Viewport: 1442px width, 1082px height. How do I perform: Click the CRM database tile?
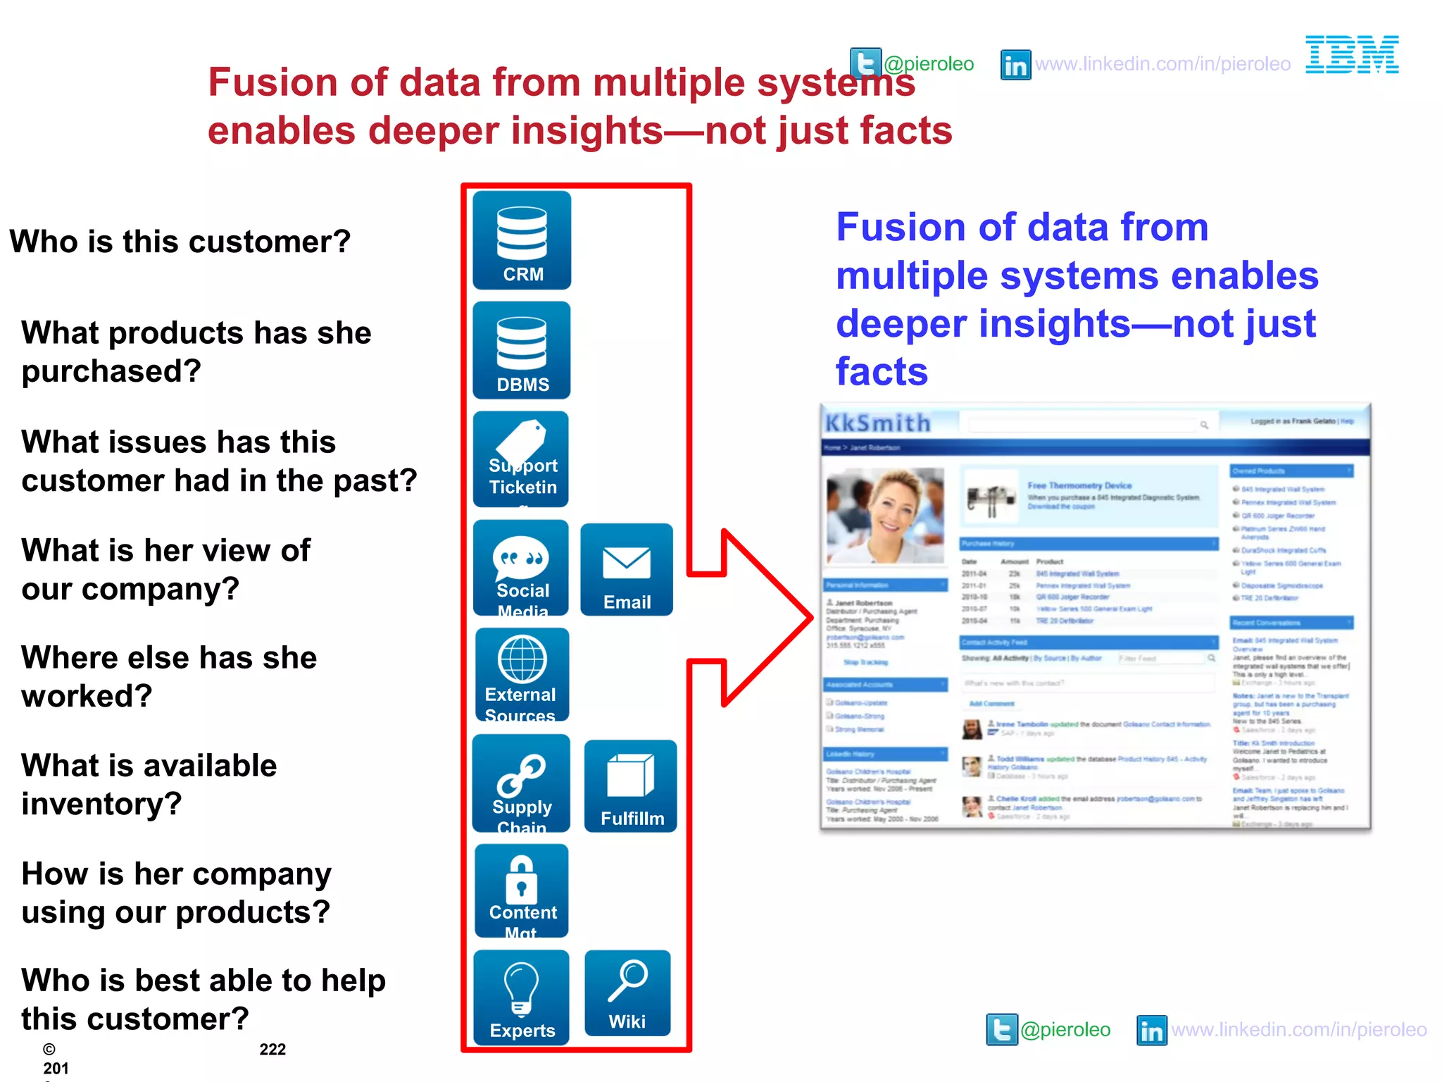click(522, 240)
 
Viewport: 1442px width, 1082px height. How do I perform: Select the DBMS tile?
click(522, 350)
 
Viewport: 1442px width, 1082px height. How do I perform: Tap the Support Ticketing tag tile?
click(521, 459)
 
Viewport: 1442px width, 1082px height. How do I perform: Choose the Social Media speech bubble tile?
click(521, 568)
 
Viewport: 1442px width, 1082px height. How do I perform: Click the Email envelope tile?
click(627, 570)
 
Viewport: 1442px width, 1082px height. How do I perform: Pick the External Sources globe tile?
click(522, 675)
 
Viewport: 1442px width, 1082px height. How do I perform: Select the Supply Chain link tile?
click(521, 783)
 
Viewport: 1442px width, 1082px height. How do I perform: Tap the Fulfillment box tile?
click(631, 786)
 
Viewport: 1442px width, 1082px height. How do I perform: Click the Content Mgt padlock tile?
click(522, 891)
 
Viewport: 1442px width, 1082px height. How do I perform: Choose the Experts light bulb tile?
click(522, 997)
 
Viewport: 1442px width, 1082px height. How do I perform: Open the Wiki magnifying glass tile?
click(627, 993)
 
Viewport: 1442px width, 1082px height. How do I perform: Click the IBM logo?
click(1352, 55)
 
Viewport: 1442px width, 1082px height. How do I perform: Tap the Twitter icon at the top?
click(865, 63)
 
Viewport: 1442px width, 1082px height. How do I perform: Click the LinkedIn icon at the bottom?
click(1152, 1031)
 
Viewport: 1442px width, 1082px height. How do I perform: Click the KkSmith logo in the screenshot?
click(878, 423)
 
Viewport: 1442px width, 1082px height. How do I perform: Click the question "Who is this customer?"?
click(180, 242)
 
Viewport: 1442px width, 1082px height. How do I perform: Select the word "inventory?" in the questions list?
click(102, 804)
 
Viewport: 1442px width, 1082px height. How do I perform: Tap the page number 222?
click(272, 1050)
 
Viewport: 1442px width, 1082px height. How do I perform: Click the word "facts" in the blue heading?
click(882, 371)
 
